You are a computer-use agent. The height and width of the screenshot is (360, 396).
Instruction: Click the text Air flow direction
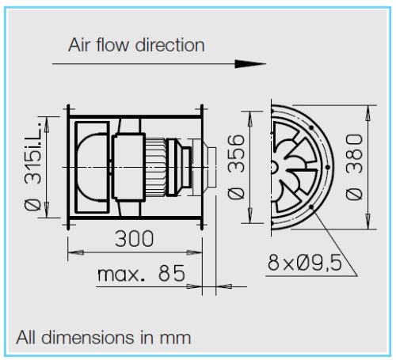137,44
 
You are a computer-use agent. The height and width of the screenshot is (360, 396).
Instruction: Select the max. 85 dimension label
141,274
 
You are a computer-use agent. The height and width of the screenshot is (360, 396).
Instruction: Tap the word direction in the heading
171,44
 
